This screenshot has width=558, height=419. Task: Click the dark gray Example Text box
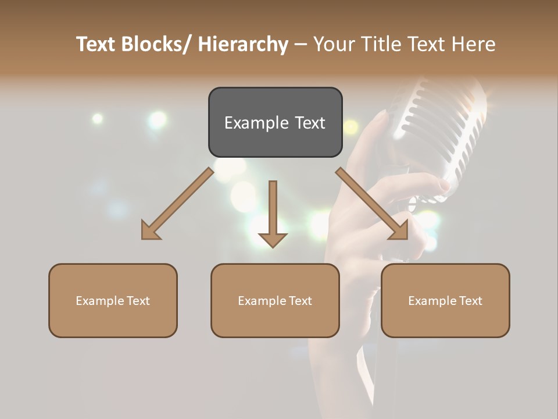(275, 122)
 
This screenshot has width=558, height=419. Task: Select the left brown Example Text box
(113, 300)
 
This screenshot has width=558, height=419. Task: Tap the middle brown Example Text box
(275, 300)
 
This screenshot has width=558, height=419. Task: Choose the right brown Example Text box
(445, 300)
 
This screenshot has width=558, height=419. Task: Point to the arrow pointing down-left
(177, 204)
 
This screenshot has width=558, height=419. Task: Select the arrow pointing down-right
(372, 204)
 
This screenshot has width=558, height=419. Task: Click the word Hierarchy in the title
(243, 44)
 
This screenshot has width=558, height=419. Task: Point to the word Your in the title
(333, 44)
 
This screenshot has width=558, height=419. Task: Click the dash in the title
(301, 44)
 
